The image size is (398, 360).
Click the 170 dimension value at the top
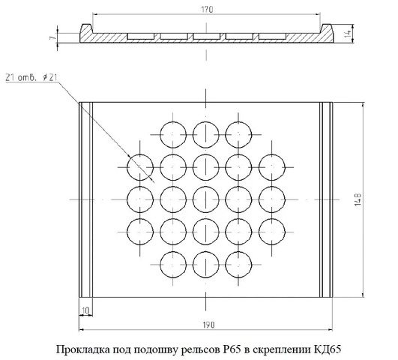tap(207, 10)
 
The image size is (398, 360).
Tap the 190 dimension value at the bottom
tap(208, 325)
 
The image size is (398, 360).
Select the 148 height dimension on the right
tap(358, 199)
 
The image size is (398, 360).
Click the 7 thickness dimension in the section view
tap(52, 37)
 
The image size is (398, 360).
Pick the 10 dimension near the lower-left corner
tap(85, 310)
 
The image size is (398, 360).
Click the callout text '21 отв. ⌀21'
tap(31, 77)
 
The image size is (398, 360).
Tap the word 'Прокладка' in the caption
tap(82, 349)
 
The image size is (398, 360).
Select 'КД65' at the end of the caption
tap(328, 349)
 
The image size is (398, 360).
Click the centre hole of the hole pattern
tap(206, 199)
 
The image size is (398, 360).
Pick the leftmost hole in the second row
tap(140, 167)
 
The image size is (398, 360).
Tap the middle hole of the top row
tap(206, 135)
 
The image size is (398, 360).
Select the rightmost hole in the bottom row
tap(238, 265)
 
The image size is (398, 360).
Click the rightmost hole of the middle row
tap(272, 199)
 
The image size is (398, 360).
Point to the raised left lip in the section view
tap(86, 28)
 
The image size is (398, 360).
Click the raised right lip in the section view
tap(327, 28)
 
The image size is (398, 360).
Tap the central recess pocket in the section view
tap(206, 36)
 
